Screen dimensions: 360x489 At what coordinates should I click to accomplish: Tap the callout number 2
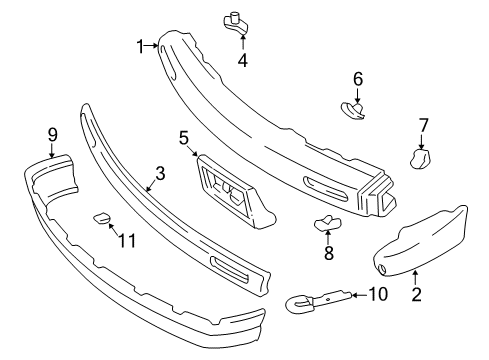click(x=417, y=294)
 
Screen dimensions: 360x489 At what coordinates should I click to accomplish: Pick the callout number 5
click(x=184, y=138)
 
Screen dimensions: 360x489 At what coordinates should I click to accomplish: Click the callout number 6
click(x=357, y=78)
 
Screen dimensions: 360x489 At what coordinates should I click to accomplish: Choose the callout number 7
click(x=423, y=125)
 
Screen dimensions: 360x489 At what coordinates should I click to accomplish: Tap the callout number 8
click(x=328, y=254)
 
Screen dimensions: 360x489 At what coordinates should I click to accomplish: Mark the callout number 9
click(x=52, y=133)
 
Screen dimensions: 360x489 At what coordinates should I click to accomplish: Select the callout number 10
click(x=378, y=294)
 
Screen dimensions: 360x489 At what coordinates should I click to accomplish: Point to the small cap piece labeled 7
click(x=420, y=157)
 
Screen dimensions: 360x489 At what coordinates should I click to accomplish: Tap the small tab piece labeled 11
click(x=102, y=217)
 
